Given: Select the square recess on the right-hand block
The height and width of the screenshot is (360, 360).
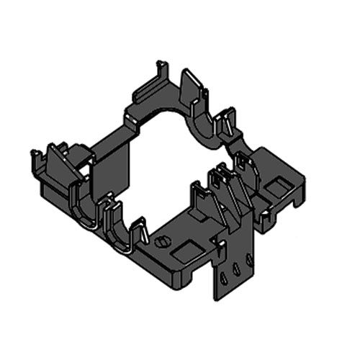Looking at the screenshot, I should coord(276,189).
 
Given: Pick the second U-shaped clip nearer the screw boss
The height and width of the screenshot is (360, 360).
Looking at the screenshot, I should coord(119,227).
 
